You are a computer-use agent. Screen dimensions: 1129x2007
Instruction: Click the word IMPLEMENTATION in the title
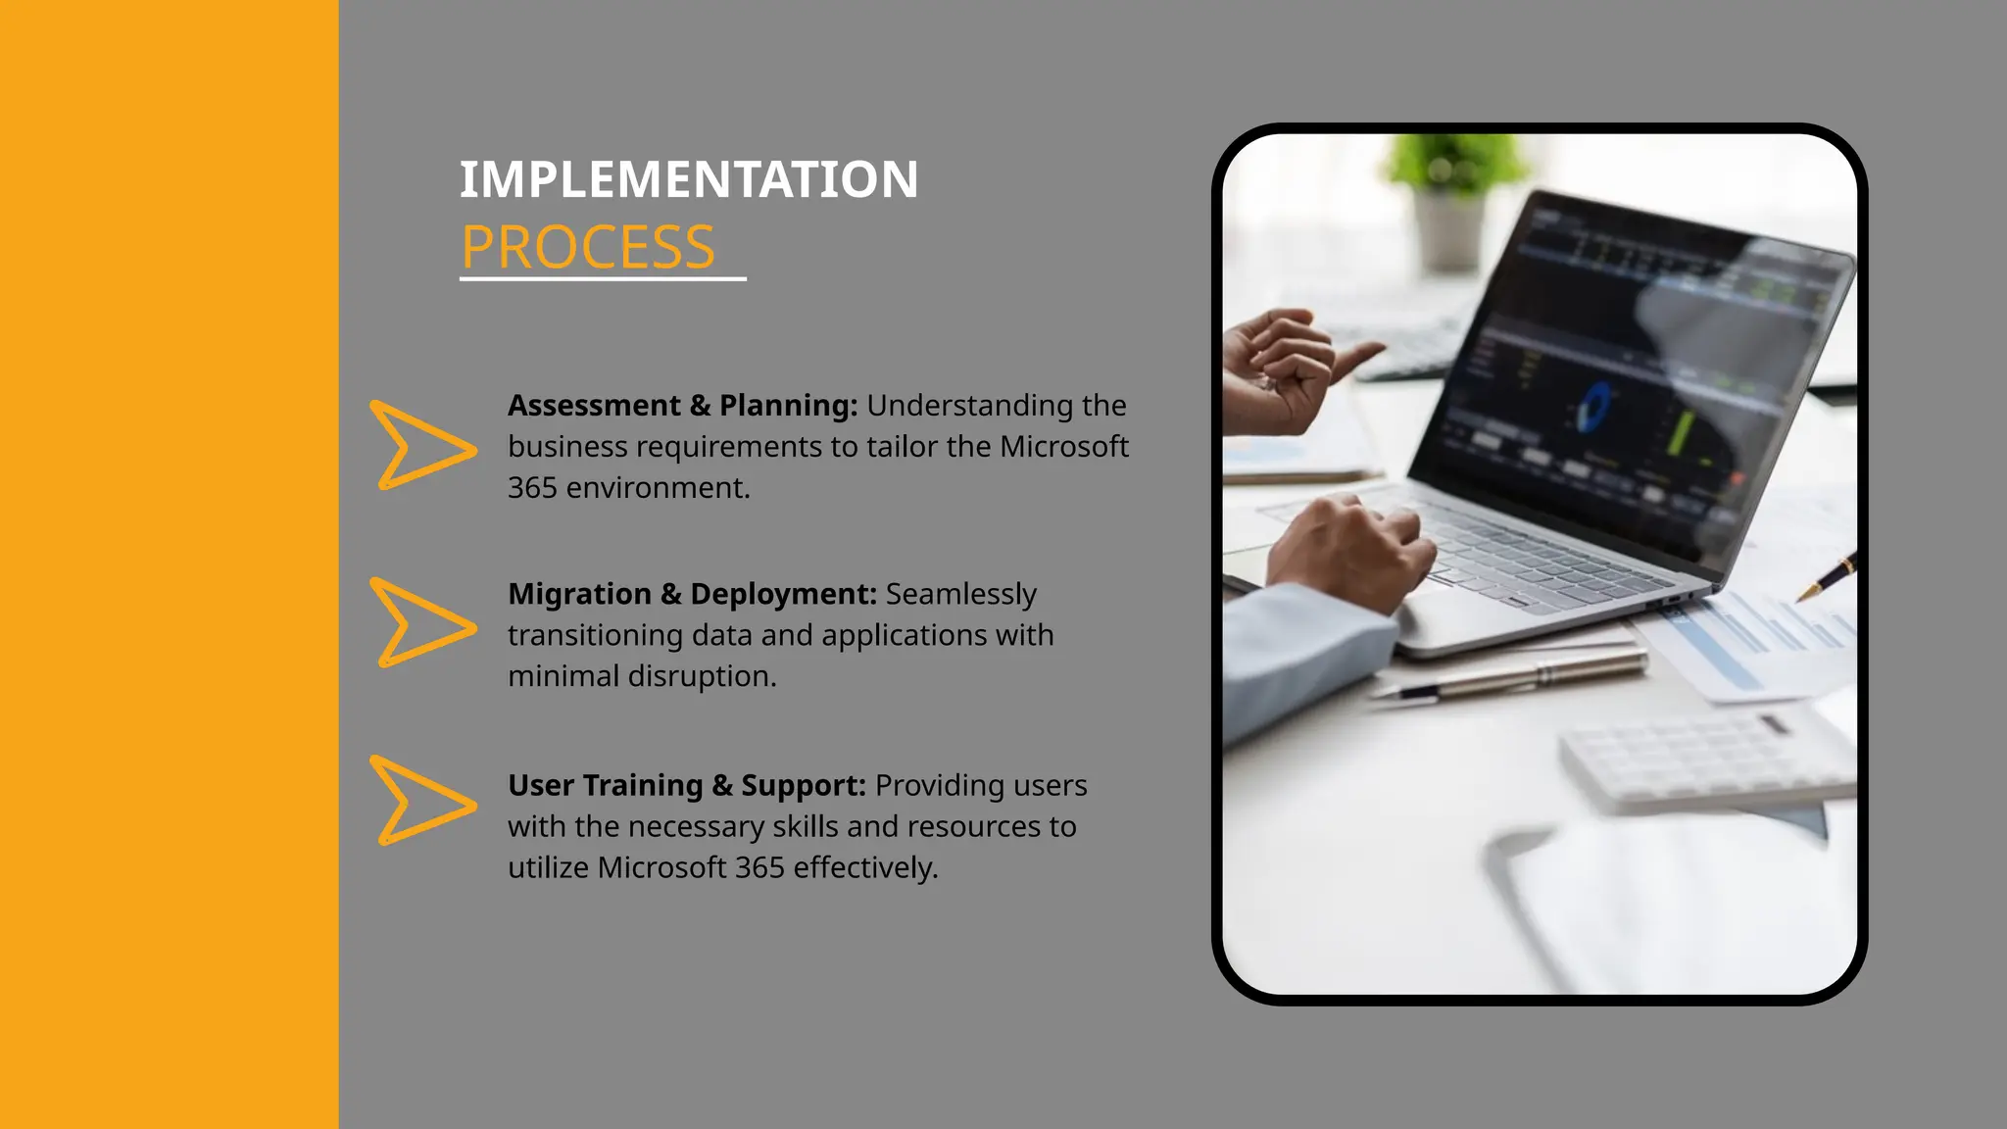pos(688,180)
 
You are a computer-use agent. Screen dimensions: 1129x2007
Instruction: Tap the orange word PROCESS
pos(588,247)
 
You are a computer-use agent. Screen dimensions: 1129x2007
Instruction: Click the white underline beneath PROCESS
pos(603,279)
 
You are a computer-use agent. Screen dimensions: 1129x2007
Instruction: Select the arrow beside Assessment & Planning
pos(419,446)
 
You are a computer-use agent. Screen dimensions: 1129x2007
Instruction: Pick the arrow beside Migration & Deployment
pos(419,623)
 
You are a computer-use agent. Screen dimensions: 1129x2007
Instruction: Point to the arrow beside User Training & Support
pos(419,801)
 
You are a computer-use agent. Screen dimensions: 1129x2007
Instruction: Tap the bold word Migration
pos(579,594)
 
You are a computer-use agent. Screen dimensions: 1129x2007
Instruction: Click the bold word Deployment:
pos(783,594)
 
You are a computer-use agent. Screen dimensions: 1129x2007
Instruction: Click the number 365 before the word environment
pos(532,488)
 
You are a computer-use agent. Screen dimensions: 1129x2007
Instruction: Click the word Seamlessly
pos(960,594)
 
